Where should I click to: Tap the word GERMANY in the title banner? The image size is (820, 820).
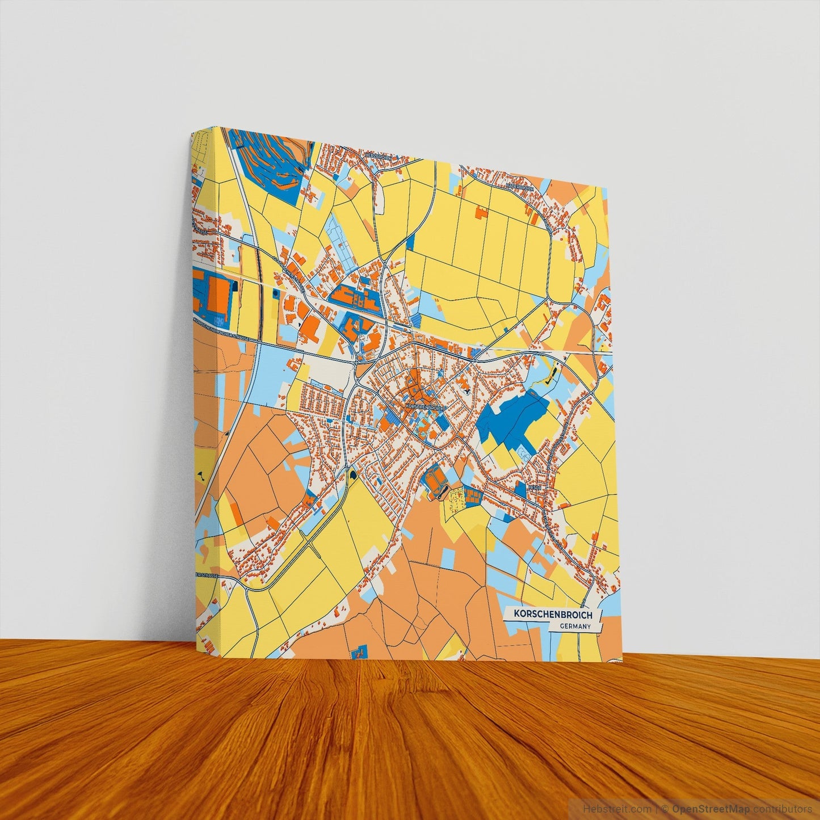[x=574, y=626]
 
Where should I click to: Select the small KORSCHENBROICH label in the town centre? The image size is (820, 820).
[x=426, y=407]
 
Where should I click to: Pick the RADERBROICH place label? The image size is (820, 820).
[x=520, y=184]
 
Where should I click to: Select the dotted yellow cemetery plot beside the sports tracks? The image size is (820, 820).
[x=455, y=499]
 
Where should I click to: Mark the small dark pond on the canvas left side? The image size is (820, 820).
[x=200, y=472]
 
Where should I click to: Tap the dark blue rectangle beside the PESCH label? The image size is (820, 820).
[x=521, y=488]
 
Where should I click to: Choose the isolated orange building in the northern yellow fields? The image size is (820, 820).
[x=481, y=213]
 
